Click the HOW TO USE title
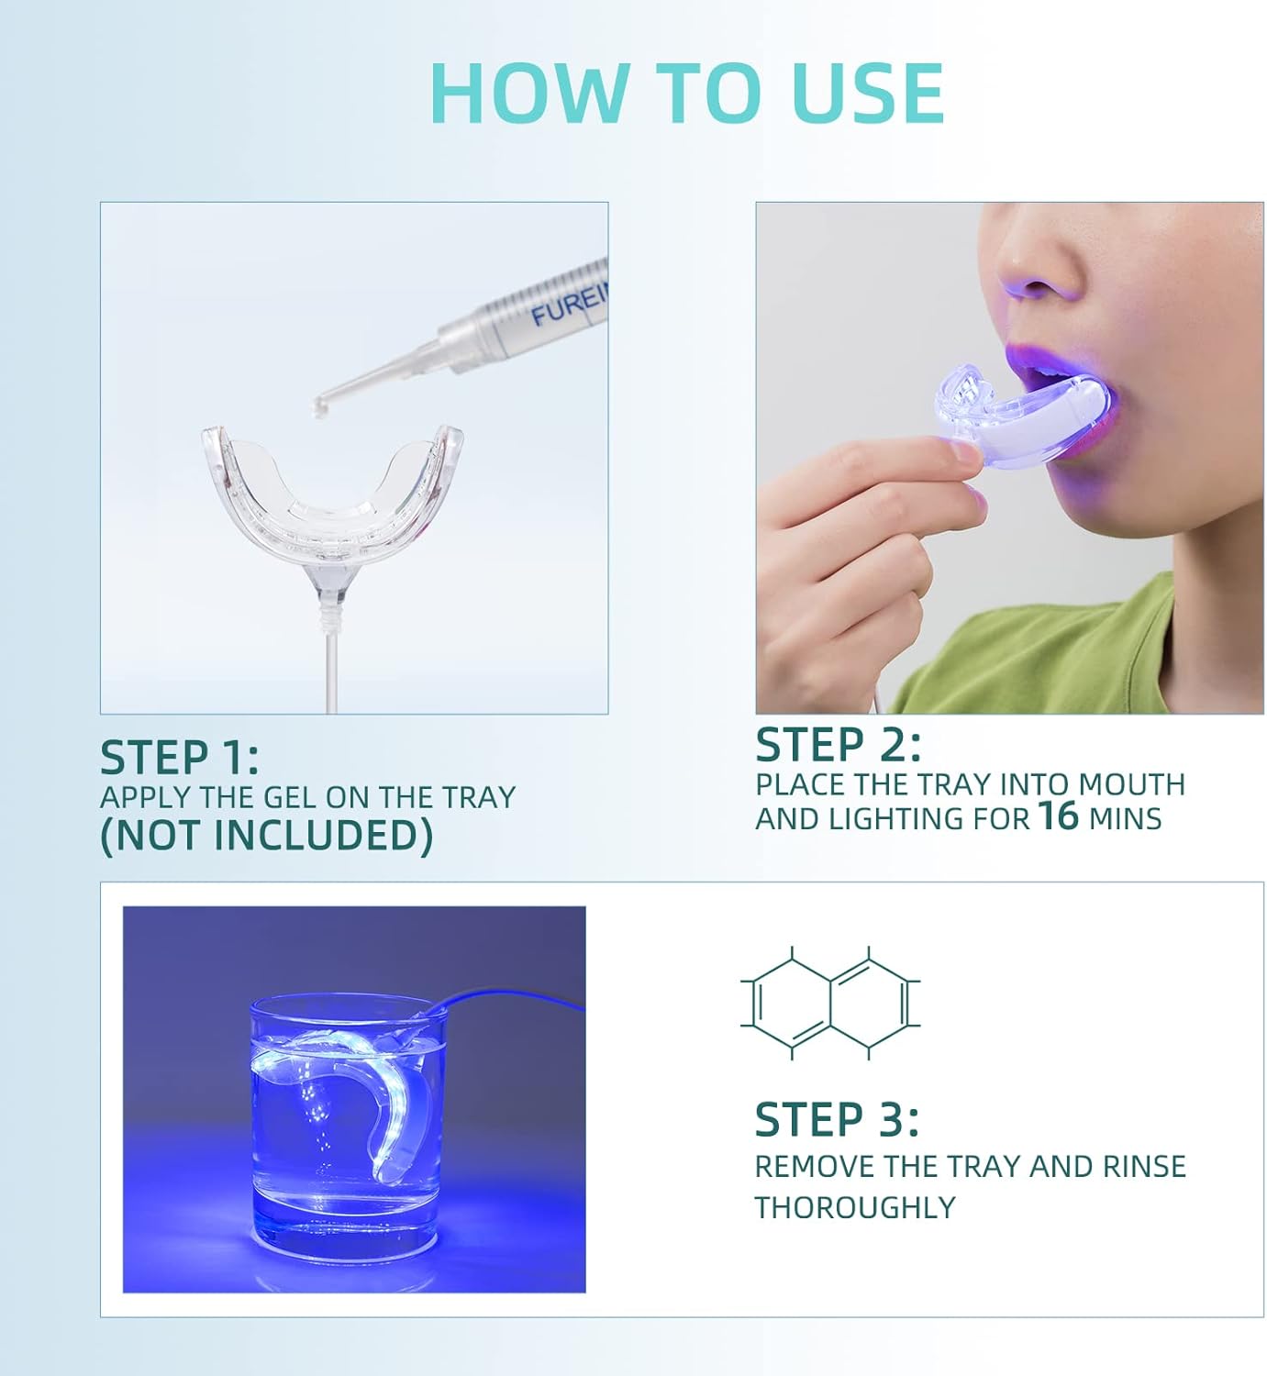(x=686, y=93)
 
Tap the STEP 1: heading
(x=179, y=759)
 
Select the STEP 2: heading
(x=837, y=745)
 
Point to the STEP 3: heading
(x=836, y=1120)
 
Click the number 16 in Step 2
(x=1058, y=816)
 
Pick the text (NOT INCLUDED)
(x=266, y=836)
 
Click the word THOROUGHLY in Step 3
(x=854, y=1208)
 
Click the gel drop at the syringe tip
(x=320, y=405)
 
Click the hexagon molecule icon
(x=829, y=1004)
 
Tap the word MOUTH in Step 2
(x=1131, y=784)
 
